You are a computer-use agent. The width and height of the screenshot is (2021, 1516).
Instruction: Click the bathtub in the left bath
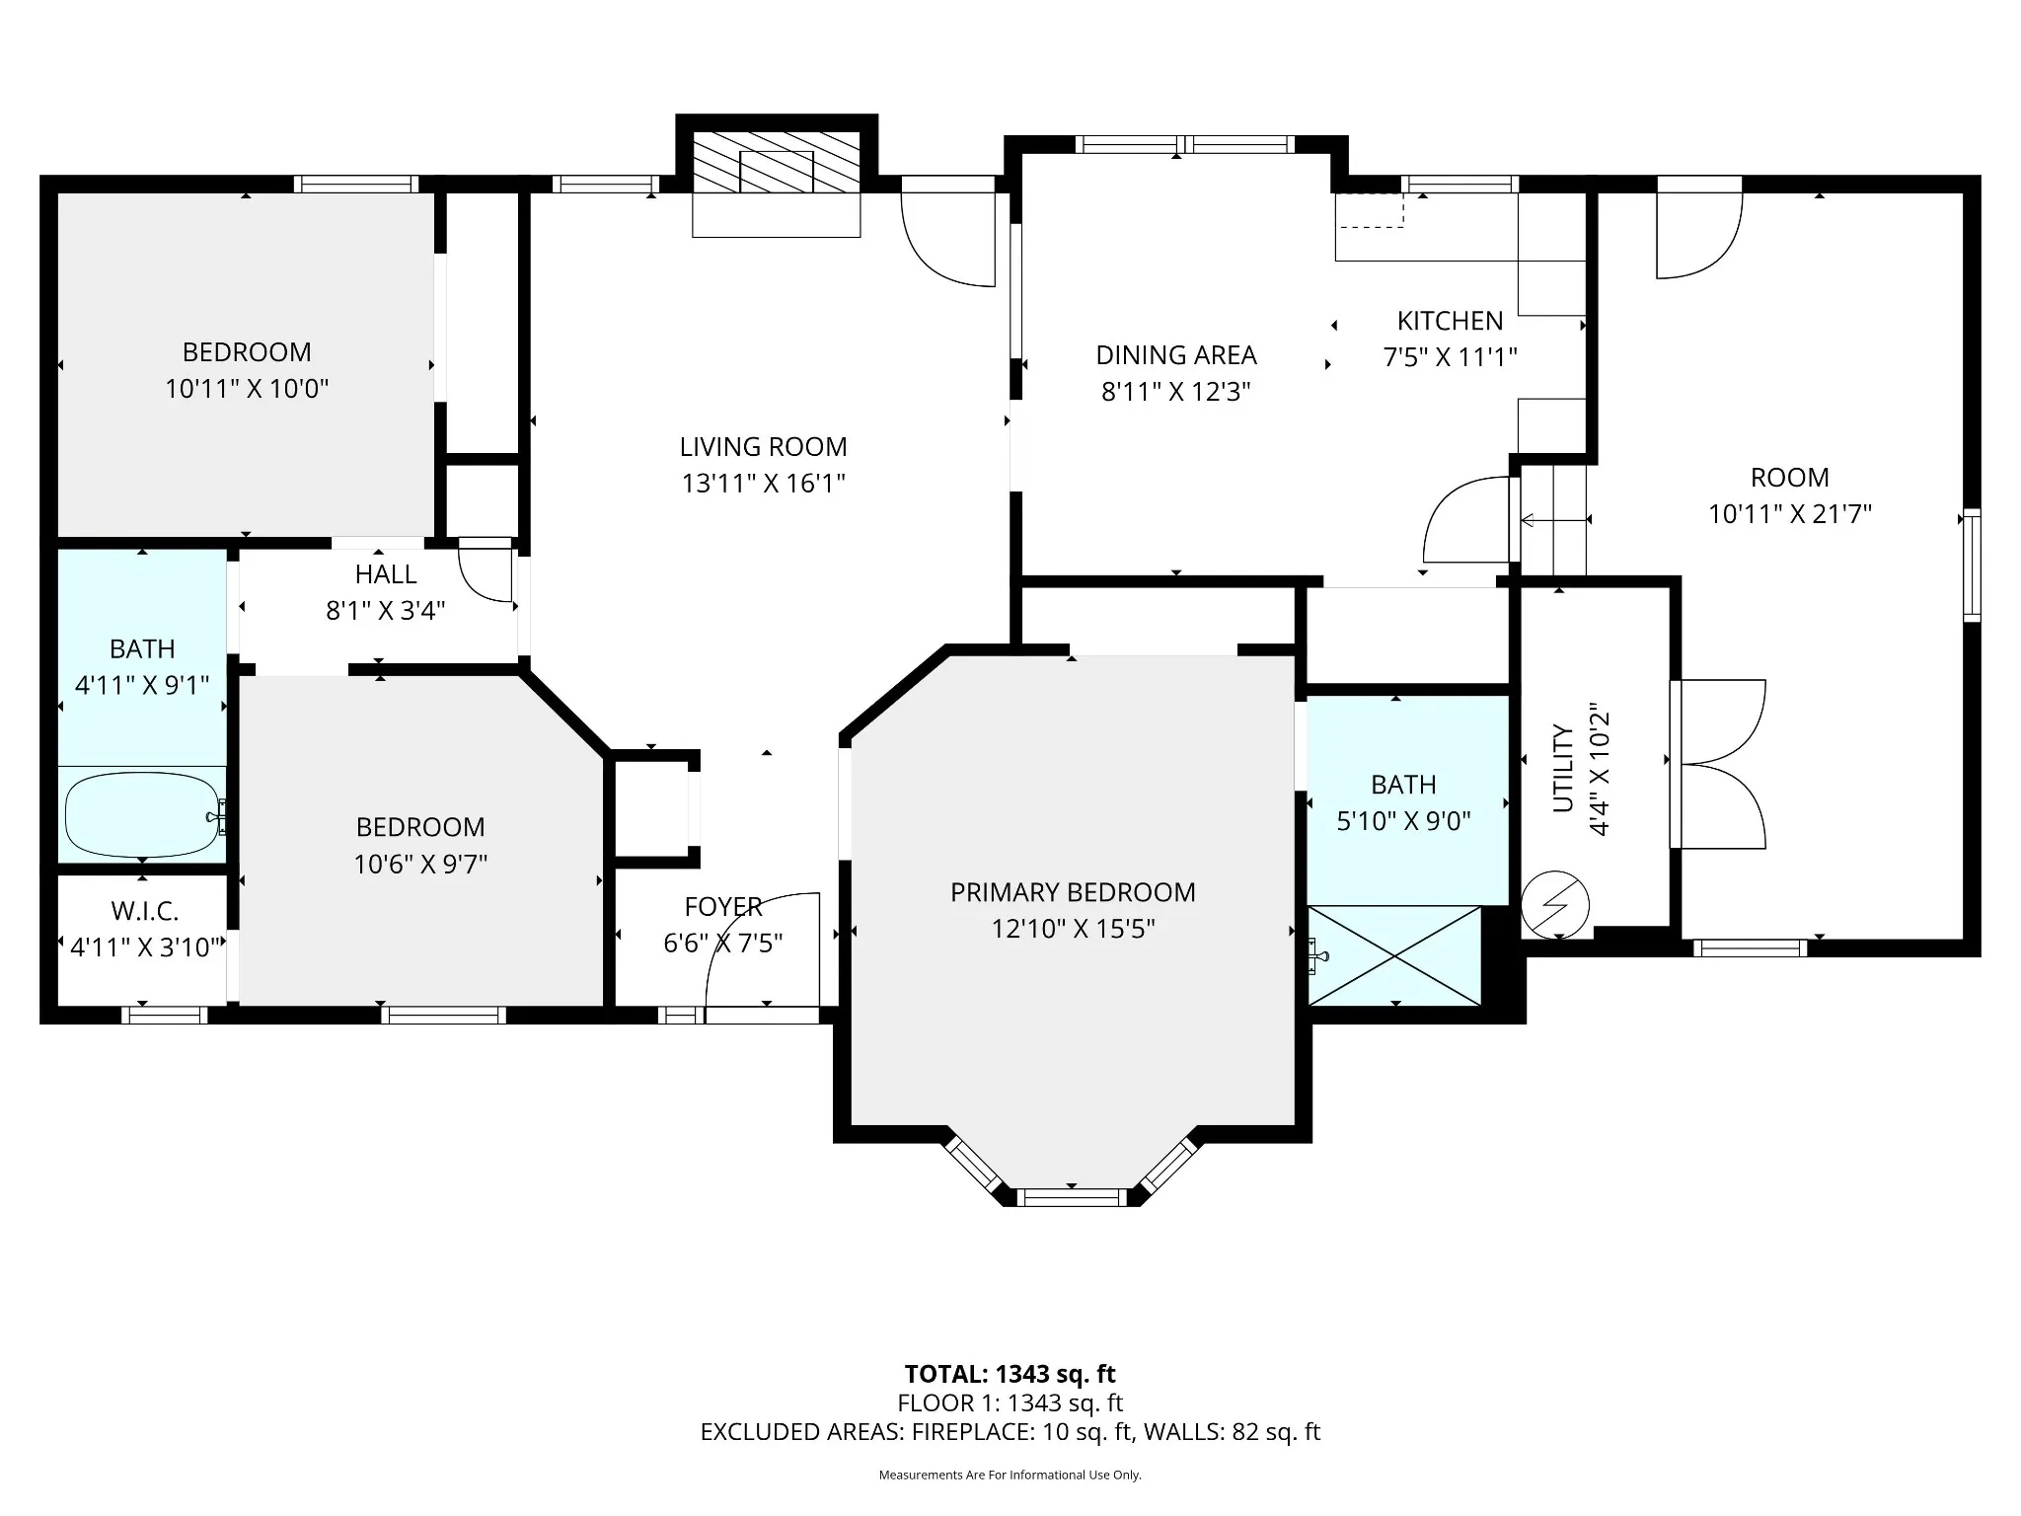tap(143, 816)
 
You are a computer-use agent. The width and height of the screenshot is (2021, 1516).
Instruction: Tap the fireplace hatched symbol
tap(776, 161)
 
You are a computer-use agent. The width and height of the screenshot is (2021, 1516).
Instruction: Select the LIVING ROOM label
tap(763, 447)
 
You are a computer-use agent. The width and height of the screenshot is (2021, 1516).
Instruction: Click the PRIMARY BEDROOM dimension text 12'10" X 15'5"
tap(1073, 929)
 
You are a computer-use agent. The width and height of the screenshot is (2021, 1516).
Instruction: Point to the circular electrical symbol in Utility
tap(1555, 904)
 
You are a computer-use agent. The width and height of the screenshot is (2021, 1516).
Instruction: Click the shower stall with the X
tap(1394, 955)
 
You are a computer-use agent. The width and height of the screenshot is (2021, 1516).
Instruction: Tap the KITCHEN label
tap(1450, 321)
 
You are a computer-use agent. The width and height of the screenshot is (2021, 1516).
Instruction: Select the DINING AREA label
tap(1176, 355)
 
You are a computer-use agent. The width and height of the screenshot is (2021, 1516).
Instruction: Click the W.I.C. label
tap(145, 911)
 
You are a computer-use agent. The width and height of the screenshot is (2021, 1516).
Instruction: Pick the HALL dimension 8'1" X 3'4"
tap(386, 611)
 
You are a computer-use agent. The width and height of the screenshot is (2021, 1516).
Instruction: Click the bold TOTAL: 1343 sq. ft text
tap(1010, 1374)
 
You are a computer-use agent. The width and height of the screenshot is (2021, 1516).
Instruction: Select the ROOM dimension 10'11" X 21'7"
tap(1790, 514)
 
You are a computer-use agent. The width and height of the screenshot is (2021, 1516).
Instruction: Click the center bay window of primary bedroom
tap(1072, 1197)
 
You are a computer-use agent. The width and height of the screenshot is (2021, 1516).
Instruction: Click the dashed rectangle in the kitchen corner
tap(1370, 210)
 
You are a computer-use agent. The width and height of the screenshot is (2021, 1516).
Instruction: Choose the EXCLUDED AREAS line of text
tap(1010, 1432)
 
